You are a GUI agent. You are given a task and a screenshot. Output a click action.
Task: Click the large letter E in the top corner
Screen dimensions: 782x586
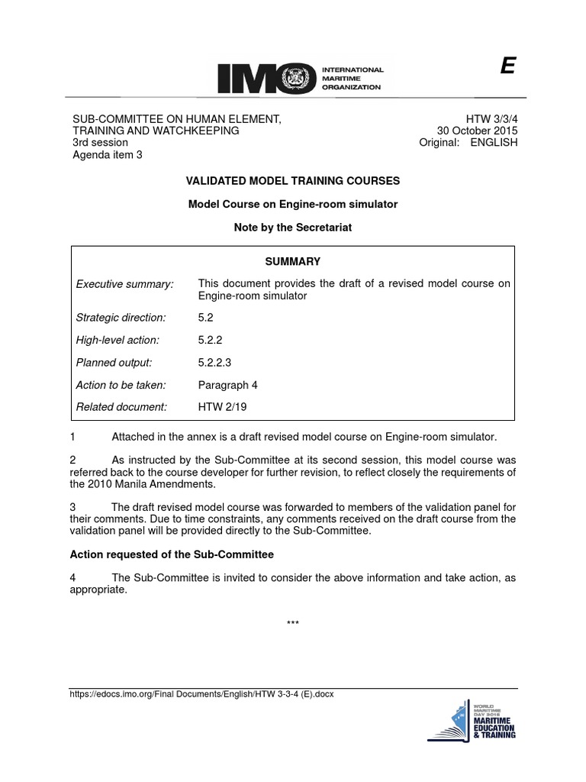coord(507,68)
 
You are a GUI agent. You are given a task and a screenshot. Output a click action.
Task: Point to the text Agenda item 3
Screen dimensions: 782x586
coord(108,155)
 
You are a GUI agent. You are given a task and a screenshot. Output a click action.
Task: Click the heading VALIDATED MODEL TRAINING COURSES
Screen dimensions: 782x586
coord(293,181)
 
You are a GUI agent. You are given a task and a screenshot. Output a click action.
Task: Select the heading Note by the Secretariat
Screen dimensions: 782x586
coord(293,228)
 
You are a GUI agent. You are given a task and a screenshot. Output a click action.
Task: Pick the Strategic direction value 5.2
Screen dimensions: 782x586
coord(206,317)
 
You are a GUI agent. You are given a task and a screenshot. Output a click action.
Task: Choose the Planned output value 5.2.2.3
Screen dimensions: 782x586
coord(215,362)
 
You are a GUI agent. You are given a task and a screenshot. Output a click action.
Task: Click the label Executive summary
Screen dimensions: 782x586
coord(125,284)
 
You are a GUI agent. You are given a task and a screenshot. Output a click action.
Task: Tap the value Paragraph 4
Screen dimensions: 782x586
coord(227,385)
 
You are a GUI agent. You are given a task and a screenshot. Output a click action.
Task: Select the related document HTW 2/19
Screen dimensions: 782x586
coord(222,407)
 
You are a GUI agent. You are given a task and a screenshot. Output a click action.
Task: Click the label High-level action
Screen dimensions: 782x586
coord(118,340)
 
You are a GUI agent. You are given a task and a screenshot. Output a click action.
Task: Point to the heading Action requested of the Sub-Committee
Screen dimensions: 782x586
coord(172,554)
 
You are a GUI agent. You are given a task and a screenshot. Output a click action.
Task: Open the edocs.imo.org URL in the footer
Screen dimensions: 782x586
coord(201,694)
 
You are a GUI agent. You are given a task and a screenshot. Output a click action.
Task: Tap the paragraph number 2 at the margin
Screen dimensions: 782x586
coord(72,460)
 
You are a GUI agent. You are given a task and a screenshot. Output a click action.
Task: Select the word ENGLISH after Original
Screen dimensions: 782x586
coord(494,143)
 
